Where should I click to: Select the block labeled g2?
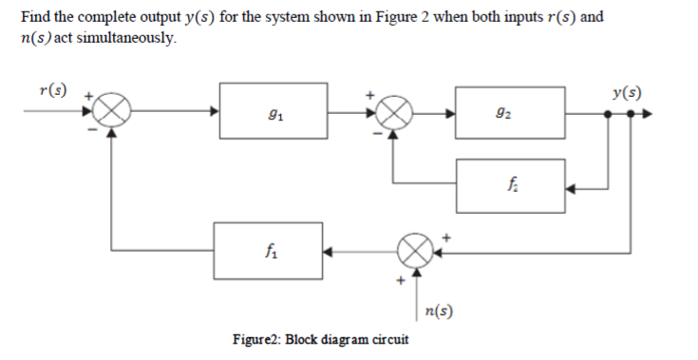click(x=511, y=111)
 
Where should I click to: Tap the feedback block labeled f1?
click(x=268, y=253)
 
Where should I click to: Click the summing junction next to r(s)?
click(x=112, y=111)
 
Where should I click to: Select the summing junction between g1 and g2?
click(x=395, y=111)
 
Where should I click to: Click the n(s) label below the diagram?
click(x=439, y=310)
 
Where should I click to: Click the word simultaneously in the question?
click(x=116, y=37)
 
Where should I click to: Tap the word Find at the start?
click(x=35, y=18)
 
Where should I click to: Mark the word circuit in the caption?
click(x=389, y=338)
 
